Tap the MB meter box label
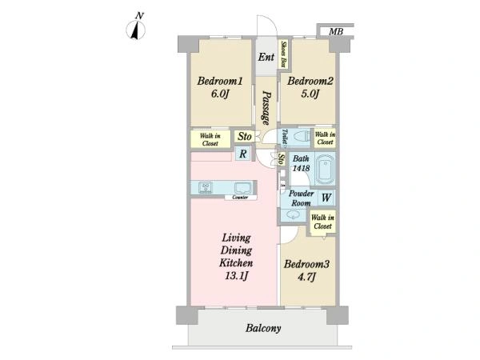coord(336,31)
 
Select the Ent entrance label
coord(266,57)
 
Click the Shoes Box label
coord(284,54)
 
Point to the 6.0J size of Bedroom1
coord(220,94)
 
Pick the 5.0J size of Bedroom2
coord(310,94)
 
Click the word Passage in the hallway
coord(266,108)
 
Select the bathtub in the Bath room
coord(325,170)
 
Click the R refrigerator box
coord(242,154)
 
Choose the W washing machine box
coord(326,198)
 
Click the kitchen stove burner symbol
coord(206,188)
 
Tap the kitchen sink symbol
coord(243,188)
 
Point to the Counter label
coord(240,198)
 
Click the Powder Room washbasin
coord(293,215)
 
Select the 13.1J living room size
coord(236,276)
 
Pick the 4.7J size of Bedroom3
coord(306,277)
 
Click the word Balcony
coord(263,329)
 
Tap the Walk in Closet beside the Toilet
coord(325,138)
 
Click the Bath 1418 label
coord(302,163)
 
